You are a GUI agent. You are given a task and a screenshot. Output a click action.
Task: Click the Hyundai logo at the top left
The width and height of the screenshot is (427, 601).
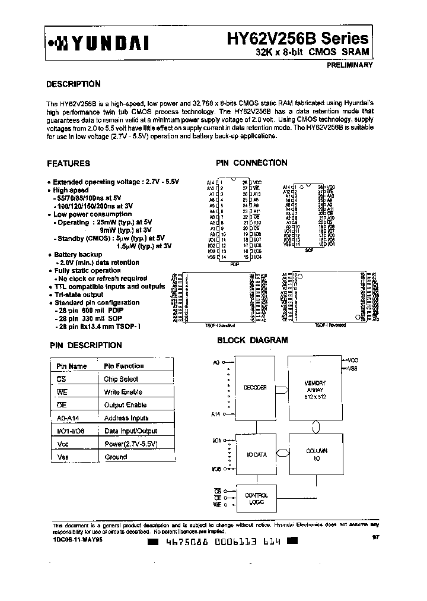click(98, 43)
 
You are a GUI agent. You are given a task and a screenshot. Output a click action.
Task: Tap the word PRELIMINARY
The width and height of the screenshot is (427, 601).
click(349, 65)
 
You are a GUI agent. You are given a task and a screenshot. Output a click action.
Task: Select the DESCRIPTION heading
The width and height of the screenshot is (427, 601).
click(74, 84)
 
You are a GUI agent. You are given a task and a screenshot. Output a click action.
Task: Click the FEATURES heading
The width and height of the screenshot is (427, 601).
click(68, 163)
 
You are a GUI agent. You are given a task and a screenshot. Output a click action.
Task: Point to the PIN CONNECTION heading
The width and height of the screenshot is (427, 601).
click(251, 163)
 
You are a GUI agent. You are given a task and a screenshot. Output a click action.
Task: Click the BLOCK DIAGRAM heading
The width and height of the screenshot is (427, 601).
click(252, 340)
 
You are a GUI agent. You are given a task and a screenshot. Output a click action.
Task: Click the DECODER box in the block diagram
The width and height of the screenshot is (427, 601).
click(255, 387)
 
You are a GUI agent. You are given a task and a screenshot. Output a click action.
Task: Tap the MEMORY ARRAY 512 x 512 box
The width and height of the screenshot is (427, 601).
click(315, 389)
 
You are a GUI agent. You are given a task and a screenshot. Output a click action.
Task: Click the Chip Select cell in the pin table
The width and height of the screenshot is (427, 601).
click(121, 379)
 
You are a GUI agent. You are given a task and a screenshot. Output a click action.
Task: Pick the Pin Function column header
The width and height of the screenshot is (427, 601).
click(123, 366)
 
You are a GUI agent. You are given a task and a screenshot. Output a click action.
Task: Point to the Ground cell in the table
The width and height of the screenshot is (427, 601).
click(116, 457)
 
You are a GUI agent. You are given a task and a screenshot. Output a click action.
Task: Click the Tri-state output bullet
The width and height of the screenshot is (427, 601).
click(78, 295)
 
